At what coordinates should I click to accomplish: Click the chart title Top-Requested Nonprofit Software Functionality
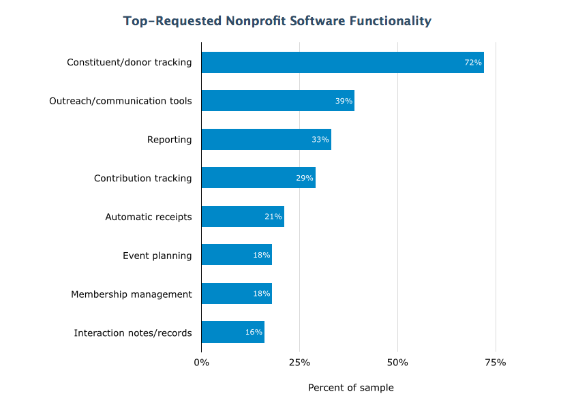point(277,21)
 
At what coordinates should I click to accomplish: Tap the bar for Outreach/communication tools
point(277,101)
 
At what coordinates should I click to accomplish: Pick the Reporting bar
point(266,140)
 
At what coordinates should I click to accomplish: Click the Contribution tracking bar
point(258,178)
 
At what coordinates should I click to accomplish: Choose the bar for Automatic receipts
point(243,217)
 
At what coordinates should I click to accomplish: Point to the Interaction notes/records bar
point(232,332)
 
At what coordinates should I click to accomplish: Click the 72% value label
point(473,63)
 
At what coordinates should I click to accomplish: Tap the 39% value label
point(344,101)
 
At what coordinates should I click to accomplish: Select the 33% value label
point(320,140)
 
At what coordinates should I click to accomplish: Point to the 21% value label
point(273,217)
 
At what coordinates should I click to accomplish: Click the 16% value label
point(254,333)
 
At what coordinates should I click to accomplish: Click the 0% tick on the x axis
point(201,363)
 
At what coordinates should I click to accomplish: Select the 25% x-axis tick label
point(299,363)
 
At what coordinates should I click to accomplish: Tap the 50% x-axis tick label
point(397,363)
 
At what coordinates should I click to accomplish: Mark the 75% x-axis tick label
point(496,363)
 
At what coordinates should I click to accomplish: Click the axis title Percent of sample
point(350,388)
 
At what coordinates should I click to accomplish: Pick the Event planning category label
point(157,256)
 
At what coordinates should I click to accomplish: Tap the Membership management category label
point(132,294)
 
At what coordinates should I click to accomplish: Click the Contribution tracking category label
point(142,179)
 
